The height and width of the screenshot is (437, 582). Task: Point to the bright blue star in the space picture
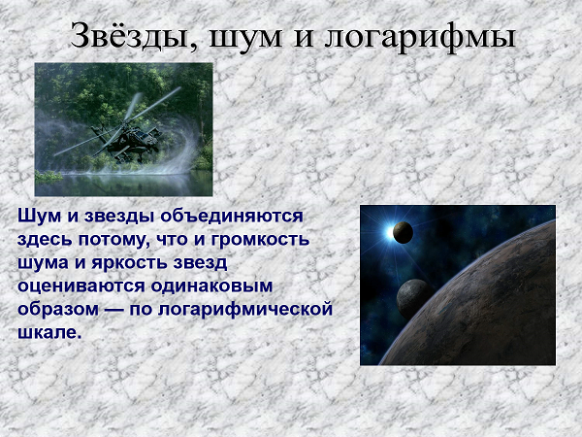(390, 232)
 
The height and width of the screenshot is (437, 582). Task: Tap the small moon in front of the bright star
(403, 232)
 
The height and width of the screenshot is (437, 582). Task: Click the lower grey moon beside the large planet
(414, 298)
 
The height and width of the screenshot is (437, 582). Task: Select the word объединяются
(232, 216)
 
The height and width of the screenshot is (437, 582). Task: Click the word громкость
(260, 240)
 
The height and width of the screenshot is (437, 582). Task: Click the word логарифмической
(245, 310)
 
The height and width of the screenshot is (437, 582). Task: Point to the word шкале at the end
(49, 332)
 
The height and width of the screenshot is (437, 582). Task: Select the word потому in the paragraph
(114, 241)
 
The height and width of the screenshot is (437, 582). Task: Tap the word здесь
(45, 240)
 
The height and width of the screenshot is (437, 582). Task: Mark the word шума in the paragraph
(43, 264)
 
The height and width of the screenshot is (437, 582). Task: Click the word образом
(58, 310)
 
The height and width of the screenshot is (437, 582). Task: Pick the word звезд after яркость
(200, 263)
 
